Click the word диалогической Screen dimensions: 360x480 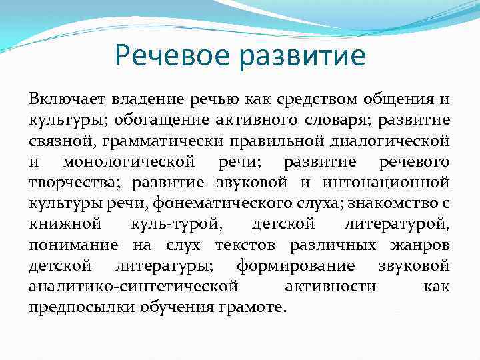(x=391, y=141)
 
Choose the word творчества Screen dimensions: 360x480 (x=75, y=183)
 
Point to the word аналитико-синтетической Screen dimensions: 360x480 (x=133, y=287)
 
